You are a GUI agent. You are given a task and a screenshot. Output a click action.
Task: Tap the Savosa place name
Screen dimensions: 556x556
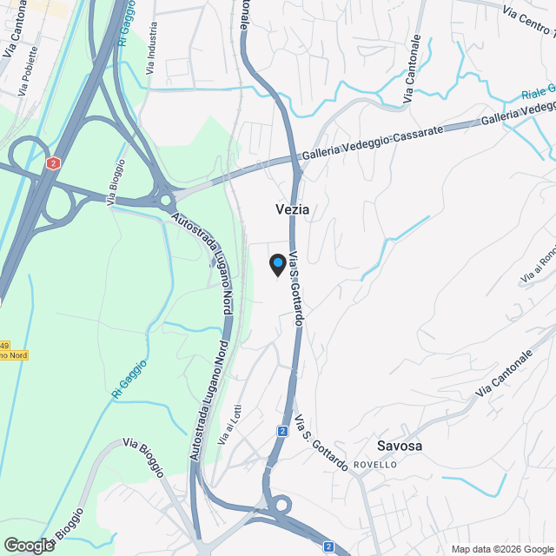400,446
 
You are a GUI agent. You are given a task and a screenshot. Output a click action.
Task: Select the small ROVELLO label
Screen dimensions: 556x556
375,465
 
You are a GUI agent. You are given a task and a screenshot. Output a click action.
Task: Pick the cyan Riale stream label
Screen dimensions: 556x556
538,91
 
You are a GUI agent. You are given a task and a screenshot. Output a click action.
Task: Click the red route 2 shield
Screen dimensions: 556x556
54,162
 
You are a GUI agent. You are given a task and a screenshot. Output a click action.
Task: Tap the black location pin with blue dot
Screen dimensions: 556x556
277,264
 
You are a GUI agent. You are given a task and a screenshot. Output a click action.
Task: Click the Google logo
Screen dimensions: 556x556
28,545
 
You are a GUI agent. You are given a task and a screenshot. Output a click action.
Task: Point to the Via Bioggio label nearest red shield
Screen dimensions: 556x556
115,182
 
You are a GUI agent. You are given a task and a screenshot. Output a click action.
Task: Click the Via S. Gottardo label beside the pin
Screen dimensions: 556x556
296,288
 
